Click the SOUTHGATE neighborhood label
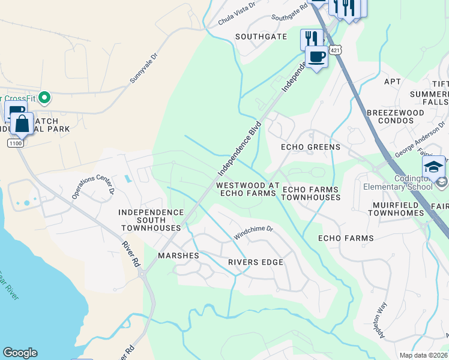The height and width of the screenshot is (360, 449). pyautogui.click(x=261, y=37)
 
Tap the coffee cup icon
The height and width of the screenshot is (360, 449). pyautogui.click(x=316, y=57)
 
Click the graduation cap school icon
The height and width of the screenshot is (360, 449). pyautogui.click(x=433, y=167)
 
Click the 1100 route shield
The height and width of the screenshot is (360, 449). pyautogui.click(x=15, y=143)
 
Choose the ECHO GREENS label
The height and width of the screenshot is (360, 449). pyautogui.click(x=310, y=147)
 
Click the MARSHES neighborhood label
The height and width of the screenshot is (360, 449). pyautogui.click(x=178, y=256)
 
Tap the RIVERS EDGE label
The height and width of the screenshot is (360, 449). pyautogui.click(x=255, y=262)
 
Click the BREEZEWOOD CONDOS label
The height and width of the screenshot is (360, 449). pyautogui.click(x=390, y=116)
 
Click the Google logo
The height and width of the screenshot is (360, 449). pyautogui.click(x=20, y=353)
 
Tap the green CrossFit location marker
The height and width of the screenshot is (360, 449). pyautogui.click(x=44, y=97)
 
